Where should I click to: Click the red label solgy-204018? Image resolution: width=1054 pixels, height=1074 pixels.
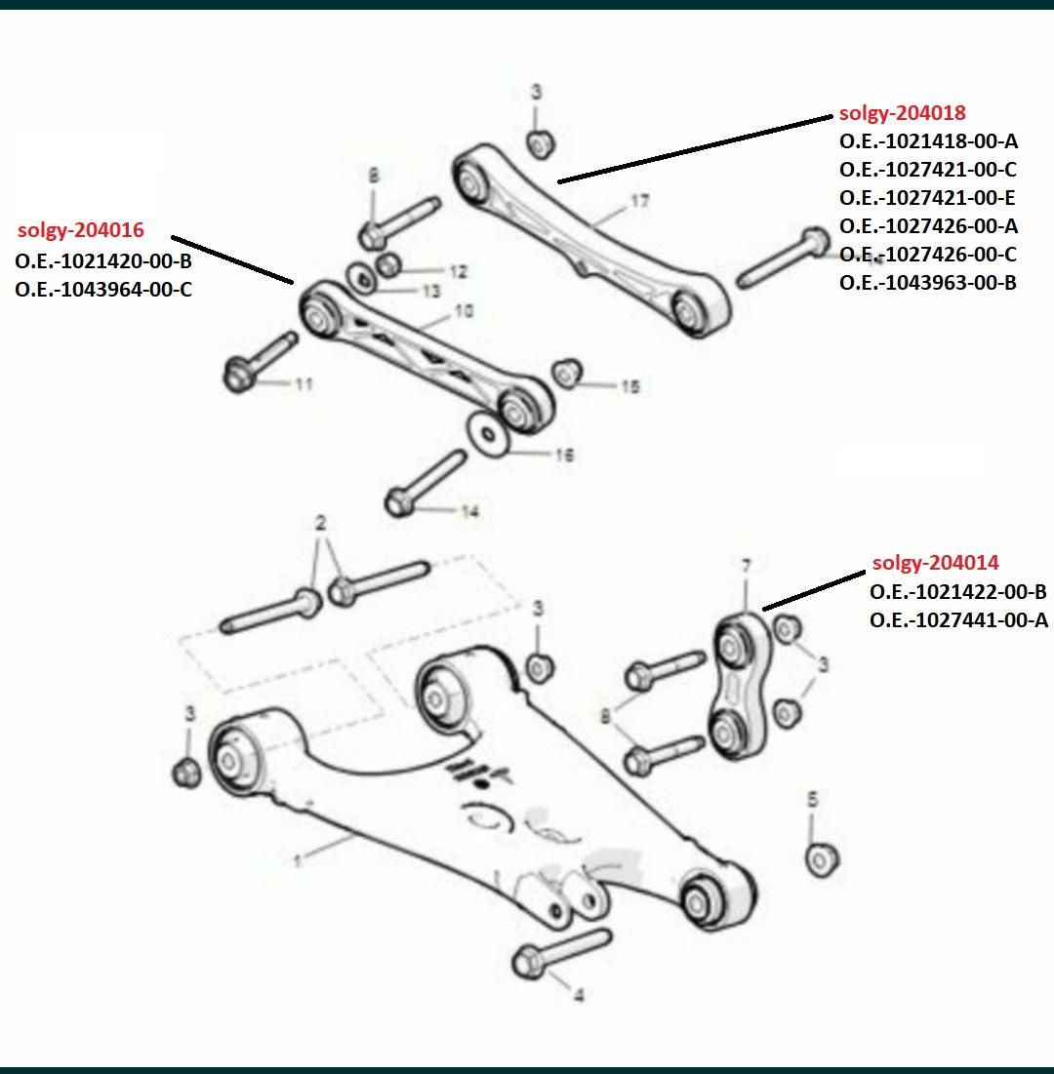pyautogui.click(x=903, y=113)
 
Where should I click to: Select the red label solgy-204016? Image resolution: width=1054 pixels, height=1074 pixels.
pyautogui.click(x=81, y=230)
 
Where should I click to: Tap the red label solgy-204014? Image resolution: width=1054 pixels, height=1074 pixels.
pyautogui.click(x=936, y=563)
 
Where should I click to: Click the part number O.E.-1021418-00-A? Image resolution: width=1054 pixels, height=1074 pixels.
pyautogui.click(x=928, y=141)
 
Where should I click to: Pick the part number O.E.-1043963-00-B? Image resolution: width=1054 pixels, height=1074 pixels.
pyautogui.click(x=928, y=282)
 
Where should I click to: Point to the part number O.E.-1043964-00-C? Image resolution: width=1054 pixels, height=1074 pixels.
pyautogui.click(x=103, y=289)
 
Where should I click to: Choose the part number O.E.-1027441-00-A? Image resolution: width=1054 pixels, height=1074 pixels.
pyautogui.click(x=958, y=619)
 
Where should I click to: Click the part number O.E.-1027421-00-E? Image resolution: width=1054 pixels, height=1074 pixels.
pyautogui.click(x=927, y=197)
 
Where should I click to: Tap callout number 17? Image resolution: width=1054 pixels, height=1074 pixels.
pyautogui.click(x=639, y=201)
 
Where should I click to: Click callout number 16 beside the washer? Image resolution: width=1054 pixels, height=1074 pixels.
pyautogui.click(x=564, y=455)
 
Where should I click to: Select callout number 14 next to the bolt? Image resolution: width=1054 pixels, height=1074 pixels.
pyautogui.click(x=469, y=512)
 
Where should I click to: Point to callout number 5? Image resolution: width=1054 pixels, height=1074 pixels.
pyautogui.click(x=812, y=799)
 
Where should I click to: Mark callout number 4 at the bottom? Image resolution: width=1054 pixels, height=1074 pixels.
pyautogui.click(x=579, y=995)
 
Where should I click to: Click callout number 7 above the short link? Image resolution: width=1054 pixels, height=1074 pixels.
pyautogui.click(x=747, y=567)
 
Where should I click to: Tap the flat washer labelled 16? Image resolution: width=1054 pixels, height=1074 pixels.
pyautogui.click(x=488, y=434)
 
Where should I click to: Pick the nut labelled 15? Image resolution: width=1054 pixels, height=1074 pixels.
pyautogui.click(x=567, y=374)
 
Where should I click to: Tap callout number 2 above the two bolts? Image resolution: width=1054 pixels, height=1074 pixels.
pyautogui.click(x=321, y=524)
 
